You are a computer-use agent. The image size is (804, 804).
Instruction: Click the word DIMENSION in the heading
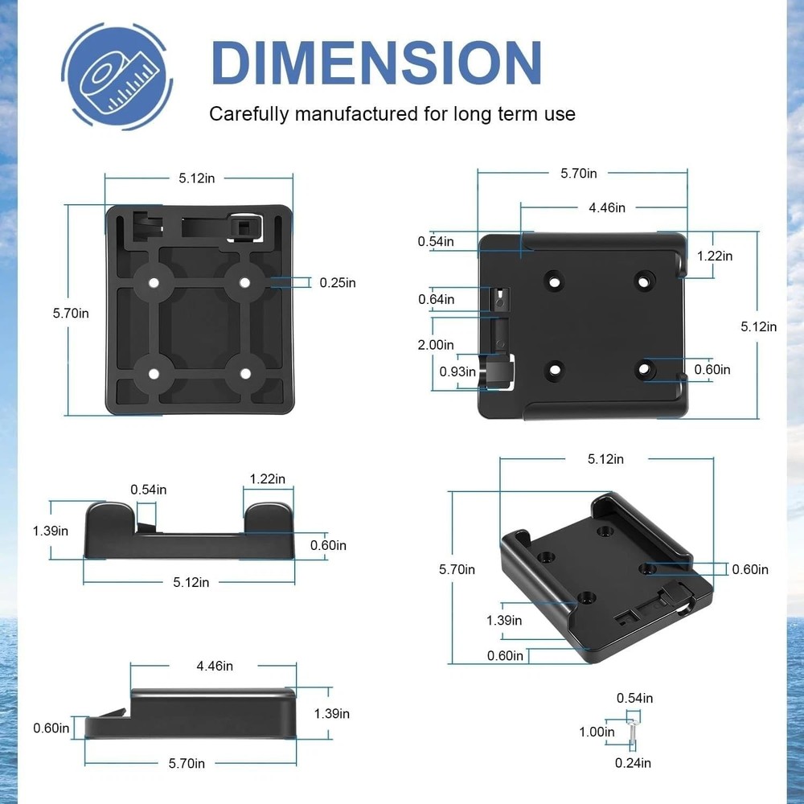[x=376, y=62]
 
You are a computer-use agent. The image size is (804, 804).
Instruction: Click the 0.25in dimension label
[x=338, y=282]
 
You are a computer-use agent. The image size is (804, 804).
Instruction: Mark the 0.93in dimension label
[x=457, y=371]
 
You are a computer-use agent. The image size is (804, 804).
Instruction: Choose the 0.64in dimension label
[x=436, y=299]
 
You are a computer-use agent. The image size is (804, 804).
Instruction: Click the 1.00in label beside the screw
[x=597, y=732]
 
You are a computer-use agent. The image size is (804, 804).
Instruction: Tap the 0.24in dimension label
[x=634, y=762]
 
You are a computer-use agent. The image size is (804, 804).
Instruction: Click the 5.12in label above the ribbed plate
[x=196, y=178]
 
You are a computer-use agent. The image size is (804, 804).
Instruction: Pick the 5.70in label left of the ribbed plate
[x=71, y=313]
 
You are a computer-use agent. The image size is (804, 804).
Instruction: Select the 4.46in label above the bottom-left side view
[x=215, y=666]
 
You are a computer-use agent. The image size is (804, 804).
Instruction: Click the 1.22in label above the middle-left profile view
[x=268, y=478]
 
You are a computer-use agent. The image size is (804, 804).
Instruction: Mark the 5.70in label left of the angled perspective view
[x=457, y=569]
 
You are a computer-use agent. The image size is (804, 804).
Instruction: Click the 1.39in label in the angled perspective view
[x=504, y=620]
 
